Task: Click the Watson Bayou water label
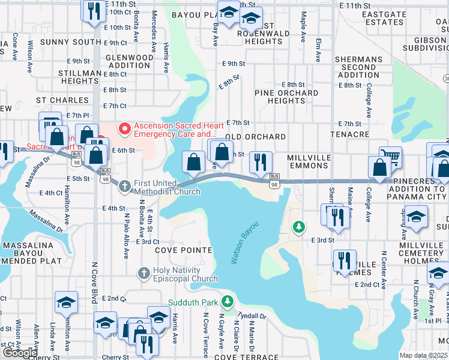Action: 245,242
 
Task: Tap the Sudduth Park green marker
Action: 227,301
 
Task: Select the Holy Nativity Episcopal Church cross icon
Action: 143,274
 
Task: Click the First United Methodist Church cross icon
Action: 125,186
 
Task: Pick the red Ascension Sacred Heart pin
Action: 125,128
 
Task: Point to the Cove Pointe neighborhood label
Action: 183,250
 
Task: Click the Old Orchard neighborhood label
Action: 255,137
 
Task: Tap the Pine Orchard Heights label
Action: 286,97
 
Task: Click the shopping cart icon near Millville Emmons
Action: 390,157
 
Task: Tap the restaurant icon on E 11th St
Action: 93,11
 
